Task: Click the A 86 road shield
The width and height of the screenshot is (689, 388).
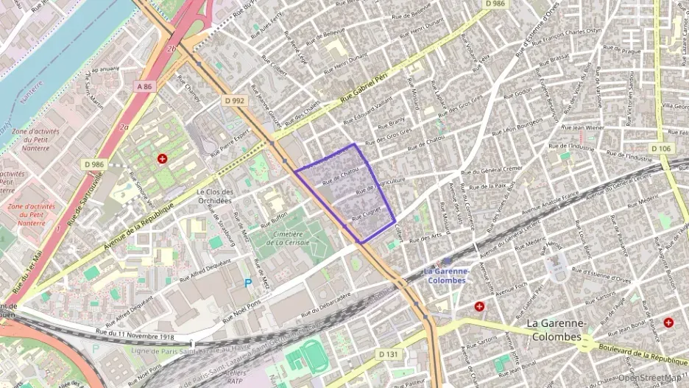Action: coord(144,86)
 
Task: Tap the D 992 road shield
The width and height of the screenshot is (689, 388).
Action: coord(234,100)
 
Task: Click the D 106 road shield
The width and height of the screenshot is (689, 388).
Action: coord(660,149)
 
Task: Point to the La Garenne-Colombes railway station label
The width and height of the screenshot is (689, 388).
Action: coord(446,276)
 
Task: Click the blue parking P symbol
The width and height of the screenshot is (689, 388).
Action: coord(247,283)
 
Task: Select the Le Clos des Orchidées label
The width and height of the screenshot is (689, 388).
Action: coord(214,196)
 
